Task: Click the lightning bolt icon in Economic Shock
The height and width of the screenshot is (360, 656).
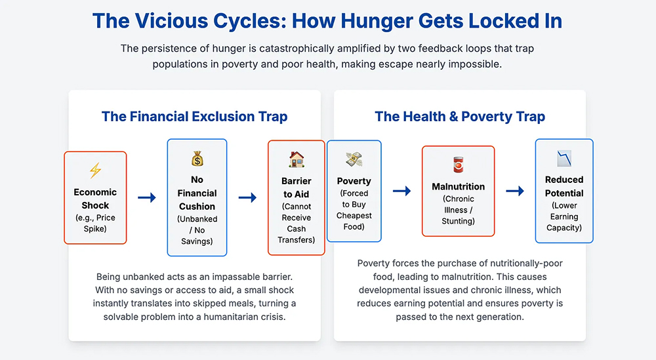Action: pos(95,170)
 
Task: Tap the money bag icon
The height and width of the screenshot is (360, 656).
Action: pos(197,159)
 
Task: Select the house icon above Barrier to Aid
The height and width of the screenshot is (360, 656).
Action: pos(297,159)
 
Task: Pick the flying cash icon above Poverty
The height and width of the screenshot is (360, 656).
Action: pos(354,159)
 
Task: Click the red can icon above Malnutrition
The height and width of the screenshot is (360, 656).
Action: pos(459,165)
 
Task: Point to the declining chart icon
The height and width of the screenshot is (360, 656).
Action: pos(564,159)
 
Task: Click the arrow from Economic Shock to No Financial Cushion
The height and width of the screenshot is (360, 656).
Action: pos(147,197)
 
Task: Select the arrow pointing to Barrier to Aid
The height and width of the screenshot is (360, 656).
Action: pos(248,197)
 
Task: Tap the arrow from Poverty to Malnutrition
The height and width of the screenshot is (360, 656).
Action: pos(401,191)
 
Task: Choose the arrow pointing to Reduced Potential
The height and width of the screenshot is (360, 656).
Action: pos(515,191)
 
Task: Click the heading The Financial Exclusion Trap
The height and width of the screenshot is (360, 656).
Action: pos(195,116)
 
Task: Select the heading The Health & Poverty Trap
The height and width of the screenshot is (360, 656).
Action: pos(460,116)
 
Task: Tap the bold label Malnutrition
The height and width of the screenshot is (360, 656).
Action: pos(458,186)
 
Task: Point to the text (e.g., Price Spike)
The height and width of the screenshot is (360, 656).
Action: pos(95,223)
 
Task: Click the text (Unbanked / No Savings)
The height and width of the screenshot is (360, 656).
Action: pos(197,230)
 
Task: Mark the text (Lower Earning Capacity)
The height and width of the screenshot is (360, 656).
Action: pos(564,216)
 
